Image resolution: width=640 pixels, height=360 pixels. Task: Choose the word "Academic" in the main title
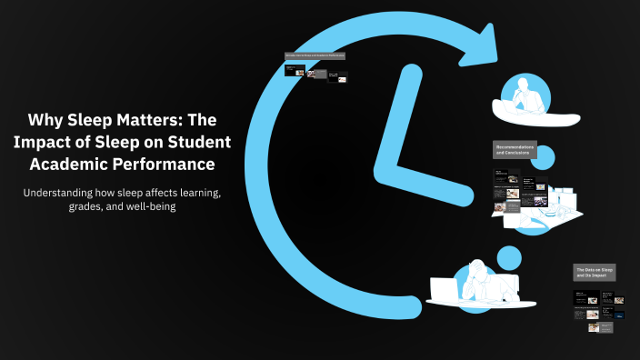87,165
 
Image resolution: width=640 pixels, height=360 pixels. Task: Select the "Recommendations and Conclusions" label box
515,150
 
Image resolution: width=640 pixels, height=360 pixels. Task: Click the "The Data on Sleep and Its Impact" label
595,273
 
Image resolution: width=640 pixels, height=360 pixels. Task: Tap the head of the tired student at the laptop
476,270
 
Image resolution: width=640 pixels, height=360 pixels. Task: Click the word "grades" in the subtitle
111,207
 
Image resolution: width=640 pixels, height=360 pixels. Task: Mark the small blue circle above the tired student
509,256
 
